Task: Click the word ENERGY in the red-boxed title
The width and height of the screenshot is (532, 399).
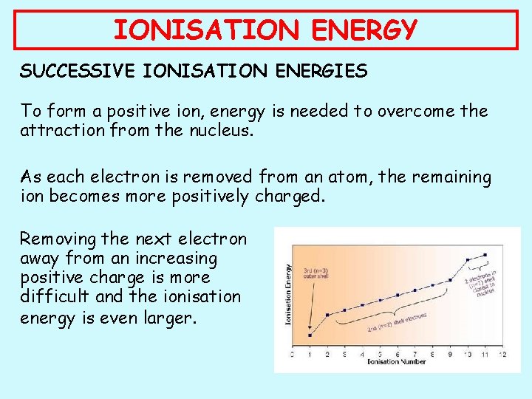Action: point(364,30)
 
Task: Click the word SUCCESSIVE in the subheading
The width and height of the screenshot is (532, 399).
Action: point(73,72)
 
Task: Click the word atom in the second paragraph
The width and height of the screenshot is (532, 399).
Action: point(310,177)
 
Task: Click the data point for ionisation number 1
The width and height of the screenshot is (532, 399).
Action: point(309,335)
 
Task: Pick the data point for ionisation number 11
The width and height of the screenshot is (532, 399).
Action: point(484,256)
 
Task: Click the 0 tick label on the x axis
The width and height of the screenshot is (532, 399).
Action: point(292,355)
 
